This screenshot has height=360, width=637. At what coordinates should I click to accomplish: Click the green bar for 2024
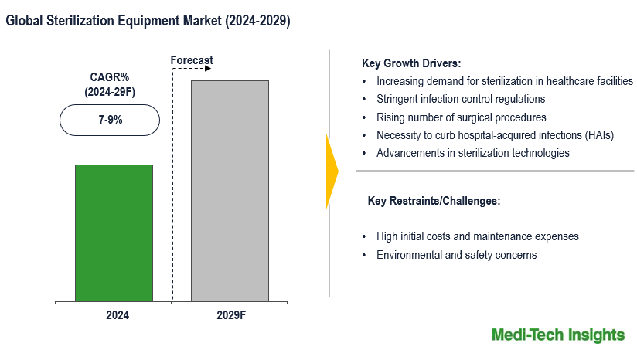[x=114, y=232]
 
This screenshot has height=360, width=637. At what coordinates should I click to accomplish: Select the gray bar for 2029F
[x=230, y=190]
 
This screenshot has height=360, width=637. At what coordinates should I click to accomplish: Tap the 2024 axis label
[x=118, y=316]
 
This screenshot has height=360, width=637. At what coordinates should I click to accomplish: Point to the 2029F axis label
[x=230, y=316]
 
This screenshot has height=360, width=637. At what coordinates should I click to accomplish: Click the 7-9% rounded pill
[x=109, y=121]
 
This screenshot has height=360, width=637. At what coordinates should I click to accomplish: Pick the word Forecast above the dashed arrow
[x=192, y=60]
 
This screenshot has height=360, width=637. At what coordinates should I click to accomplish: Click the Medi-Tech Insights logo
[x=557, y=335]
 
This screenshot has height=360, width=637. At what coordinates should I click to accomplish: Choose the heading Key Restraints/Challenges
[x=434, y=201]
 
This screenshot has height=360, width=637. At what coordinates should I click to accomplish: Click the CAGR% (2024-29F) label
[x=109, y=85]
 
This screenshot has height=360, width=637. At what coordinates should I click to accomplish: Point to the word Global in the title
[x=25, y=22]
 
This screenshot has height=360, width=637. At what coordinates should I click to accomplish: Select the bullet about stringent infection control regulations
[x=461, y=99]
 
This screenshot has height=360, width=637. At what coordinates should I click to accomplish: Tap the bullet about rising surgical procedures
[x=461, y=117]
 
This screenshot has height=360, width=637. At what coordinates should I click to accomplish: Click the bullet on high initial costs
[x=477, y=236]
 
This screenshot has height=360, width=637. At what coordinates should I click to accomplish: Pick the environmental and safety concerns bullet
[x=456, y=255]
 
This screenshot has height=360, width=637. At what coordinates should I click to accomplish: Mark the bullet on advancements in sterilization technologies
[x=472, y=153]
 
